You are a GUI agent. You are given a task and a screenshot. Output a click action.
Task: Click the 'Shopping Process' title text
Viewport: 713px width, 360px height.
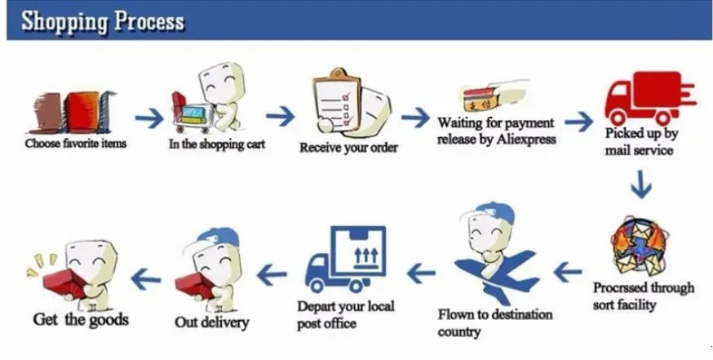tap(103, 21)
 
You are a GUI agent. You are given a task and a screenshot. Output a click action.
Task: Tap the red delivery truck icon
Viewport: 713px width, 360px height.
tap(650, 98)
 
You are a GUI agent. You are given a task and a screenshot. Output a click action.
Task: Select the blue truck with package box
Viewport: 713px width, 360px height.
tap(346, 259)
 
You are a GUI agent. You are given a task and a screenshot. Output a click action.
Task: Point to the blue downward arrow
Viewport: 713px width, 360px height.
tap(641, 184)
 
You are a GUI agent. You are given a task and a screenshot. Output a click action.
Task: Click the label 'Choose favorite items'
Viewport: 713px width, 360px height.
tap(76, 144)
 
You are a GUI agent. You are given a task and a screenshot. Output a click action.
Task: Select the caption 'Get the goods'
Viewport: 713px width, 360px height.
tap(81, 319)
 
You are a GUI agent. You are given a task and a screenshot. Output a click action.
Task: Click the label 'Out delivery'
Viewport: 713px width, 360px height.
tap(212, 322)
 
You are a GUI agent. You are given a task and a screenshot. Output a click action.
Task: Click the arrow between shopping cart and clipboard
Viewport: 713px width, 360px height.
tap(280, 116)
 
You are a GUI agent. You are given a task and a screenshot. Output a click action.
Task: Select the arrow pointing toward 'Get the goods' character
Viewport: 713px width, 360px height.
tap(145, 278)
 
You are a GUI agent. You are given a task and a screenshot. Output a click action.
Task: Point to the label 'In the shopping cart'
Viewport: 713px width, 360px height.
tap(216, 144)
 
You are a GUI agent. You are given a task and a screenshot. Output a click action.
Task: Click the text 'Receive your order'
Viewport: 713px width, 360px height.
tap(348, 148)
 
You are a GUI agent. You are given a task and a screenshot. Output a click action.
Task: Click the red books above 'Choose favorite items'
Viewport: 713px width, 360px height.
tap(72, 112)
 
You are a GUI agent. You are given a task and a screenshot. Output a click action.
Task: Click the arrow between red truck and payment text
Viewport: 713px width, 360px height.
tap(578, 122)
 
